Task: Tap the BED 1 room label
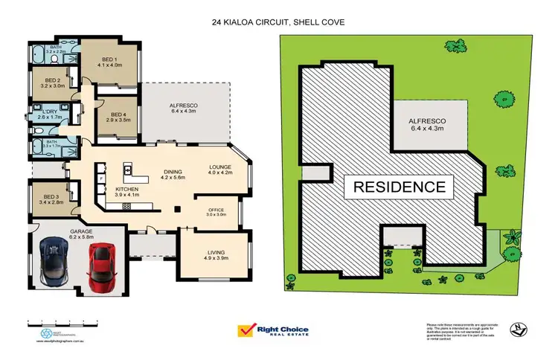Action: point(109,61)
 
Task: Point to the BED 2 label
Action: point(52,83)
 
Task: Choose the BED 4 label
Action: point(118,115)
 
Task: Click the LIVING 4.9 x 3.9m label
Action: point(214,257)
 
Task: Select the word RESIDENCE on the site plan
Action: point(400,186)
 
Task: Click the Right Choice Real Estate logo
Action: point(272,331)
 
